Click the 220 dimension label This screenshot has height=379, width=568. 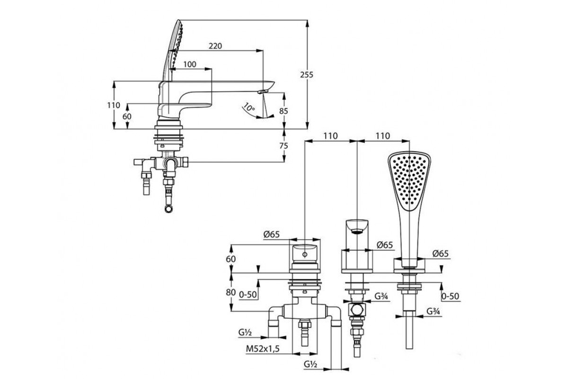215,46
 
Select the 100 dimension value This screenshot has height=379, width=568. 190,64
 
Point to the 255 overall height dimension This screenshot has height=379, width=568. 307,75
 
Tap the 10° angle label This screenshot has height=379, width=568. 249,108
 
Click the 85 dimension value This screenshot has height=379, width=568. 284,111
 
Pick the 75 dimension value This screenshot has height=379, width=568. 284,146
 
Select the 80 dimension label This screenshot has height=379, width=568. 231,292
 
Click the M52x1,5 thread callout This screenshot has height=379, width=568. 263,349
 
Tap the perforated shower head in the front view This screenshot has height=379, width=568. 409,181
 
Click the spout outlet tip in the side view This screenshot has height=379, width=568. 263,91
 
